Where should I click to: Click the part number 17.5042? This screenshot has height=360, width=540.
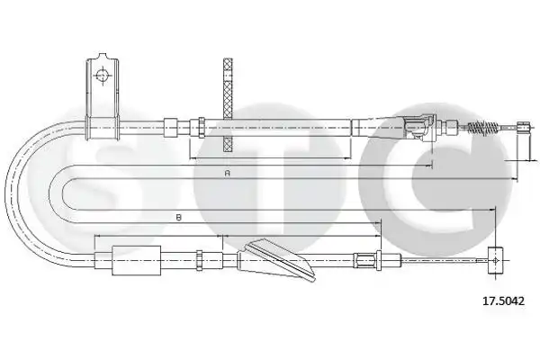click(503, 301)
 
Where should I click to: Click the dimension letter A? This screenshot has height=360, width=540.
click(227, 173)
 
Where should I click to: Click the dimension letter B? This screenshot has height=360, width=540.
click(178, 218)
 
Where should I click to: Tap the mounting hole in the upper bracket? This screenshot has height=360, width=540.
click(103, 76)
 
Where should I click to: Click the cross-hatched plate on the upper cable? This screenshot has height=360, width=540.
click(228, 105)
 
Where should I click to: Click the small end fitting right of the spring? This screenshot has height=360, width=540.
click(523, 128)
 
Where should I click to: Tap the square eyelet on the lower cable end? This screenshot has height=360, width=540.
click(495, 260)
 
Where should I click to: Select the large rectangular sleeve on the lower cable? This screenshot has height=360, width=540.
click(137, 260)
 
